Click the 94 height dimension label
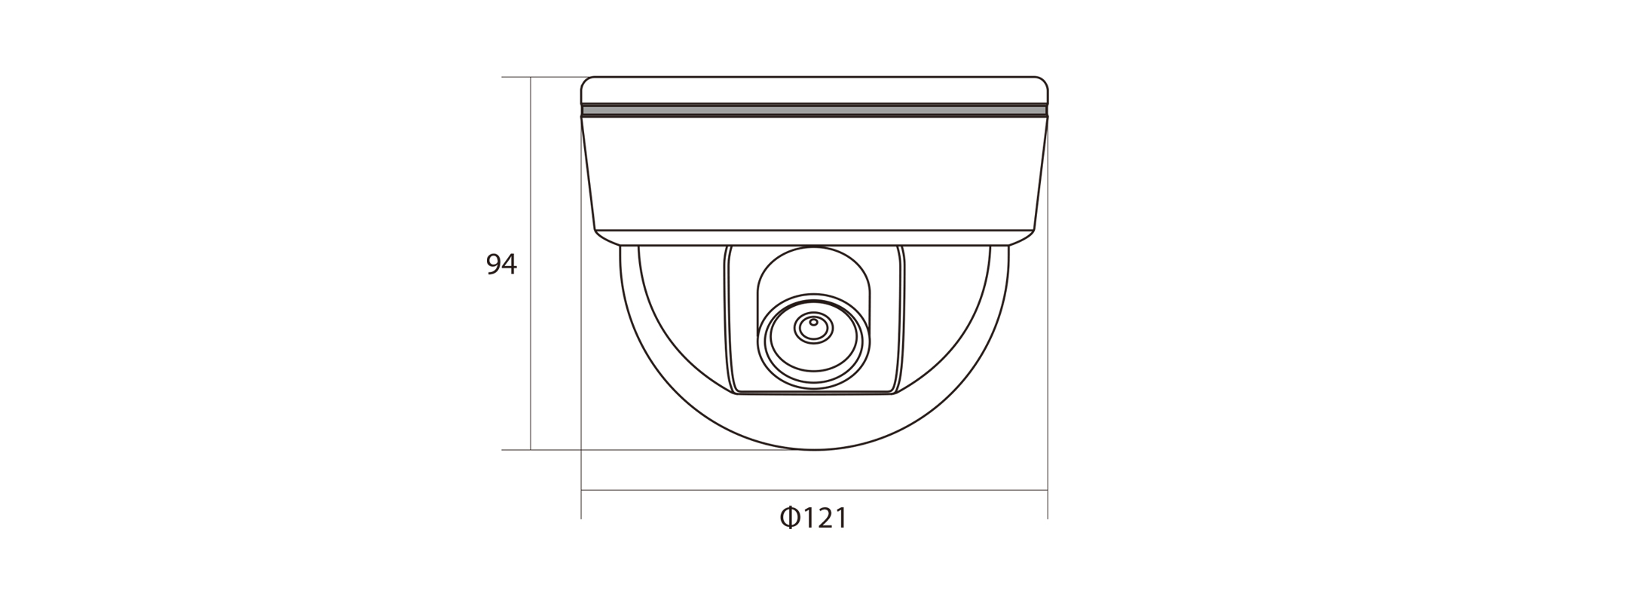click(x=502, y=264)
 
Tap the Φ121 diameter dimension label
click(x=814, y=518)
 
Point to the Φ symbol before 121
click(x=789, y=518)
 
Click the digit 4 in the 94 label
click(x=510, y=264)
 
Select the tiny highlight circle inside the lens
click(x=813, y=322)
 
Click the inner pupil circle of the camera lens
click(x=813, y=328)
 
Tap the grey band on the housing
click(x=814, y=111)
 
